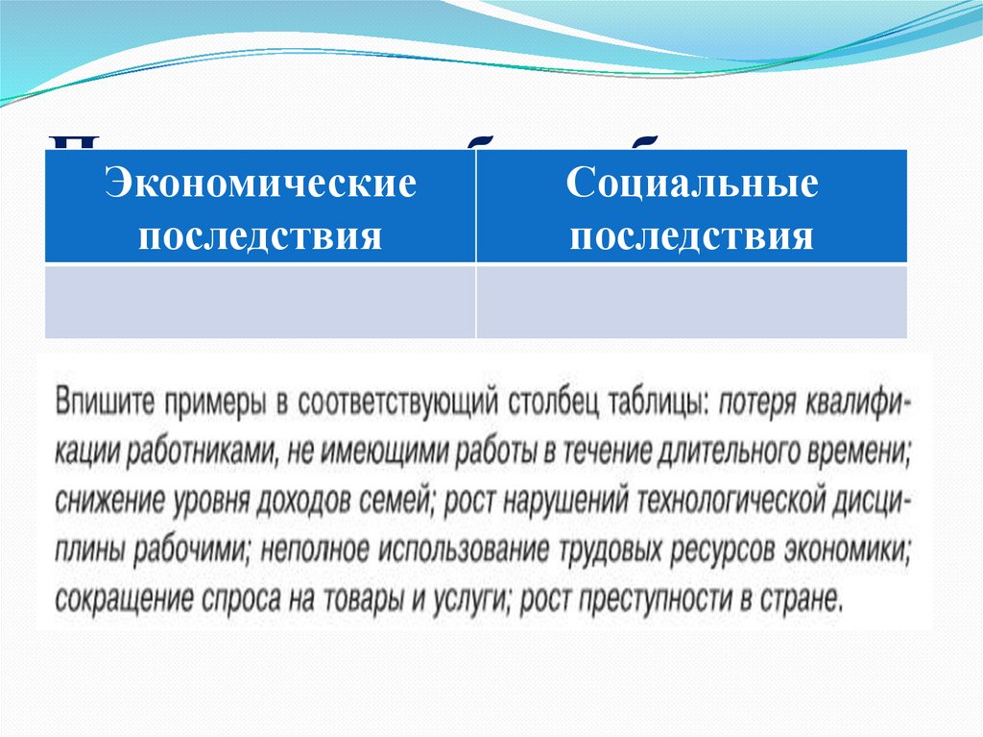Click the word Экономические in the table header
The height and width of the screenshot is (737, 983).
point(260,184)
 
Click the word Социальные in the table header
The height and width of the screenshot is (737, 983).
point(691,184)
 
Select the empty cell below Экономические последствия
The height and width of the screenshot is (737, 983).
point(260,302)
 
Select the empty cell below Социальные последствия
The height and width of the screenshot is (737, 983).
point(691,302)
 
